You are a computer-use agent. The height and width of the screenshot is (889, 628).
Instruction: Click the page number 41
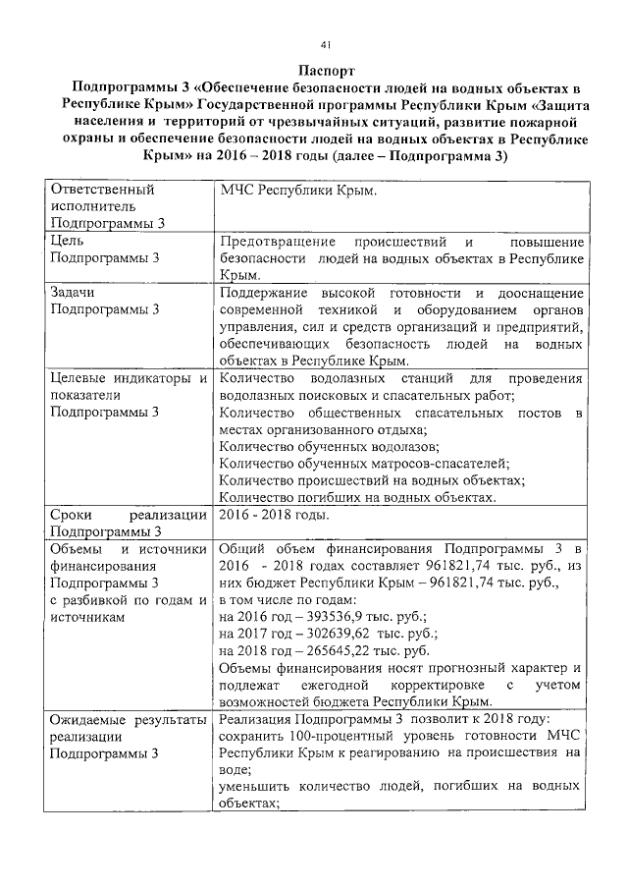click(325, 44)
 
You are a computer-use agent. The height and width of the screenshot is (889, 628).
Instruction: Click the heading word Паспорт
click(325, 71)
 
